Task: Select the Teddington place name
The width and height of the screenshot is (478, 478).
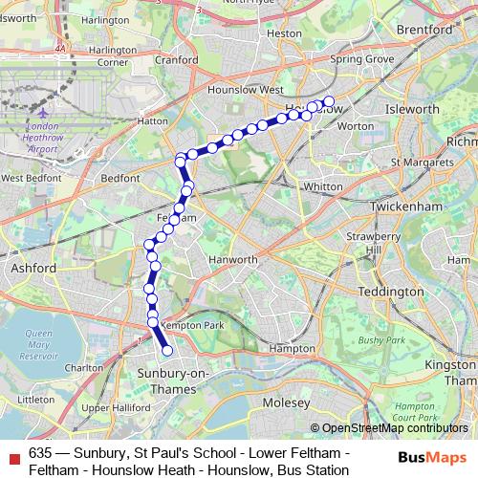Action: pyautogui.click(x=384, y=291)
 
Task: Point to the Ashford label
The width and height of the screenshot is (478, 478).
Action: pyautogui.click(x=34, y=269)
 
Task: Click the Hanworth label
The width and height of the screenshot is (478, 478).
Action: pyautogui.click(x=234, y=259)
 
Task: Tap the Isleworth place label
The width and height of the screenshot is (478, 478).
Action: pyautogui.click(x=411, y=110)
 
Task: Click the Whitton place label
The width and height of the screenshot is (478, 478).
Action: pyautogui.click(x=321, y=186)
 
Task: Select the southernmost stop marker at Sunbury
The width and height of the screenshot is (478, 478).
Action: pyautogui.click(x=167, y=351)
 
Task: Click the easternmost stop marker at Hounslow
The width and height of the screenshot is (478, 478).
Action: pyautogui.click(x=329, y=101)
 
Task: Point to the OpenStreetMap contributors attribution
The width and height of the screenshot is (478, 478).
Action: pyautogui.click(x=393, y=427)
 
